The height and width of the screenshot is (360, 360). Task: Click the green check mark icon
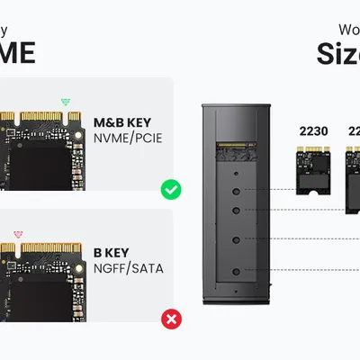(x=170, y=190)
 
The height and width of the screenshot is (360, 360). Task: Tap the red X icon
(x=170, y=319)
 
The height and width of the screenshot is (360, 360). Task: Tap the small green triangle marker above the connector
(x=64, y=102)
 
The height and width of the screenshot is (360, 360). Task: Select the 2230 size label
(x=312, y=130)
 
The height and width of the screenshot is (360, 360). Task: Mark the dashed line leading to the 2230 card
(x=274, y=190)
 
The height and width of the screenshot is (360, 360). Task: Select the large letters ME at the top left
(x=18, y=52)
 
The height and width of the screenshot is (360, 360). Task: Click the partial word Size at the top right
(x=337, y=54)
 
